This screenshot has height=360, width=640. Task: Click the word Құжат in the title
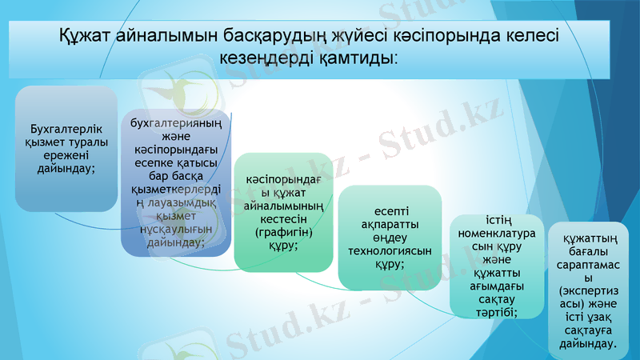tap(86, 37)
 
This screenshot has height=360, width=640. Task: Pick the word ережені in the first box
tap(66, 155)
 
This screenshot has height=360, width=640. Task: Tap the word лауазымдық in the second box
tap(182, 204)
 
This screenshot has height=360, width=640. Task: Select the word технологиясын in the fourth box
tap(390, 250)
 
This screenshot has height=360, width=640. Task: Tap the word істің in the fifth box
tap(499, 219)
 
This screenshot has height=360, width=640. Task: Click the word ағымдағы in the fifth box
tap(499, 286)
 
